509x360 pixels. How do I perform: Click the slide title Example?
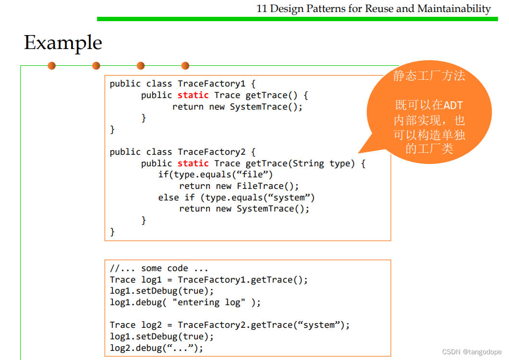(63, 43)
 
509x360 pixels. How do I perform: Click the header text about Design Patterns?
(374, 8)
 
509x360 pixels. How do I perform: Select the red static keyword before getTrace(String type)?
(193, 163)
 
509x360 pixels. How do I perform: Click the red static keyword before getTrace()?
(193, 95)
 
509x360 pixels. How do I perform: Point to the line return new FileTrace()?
(239, 186)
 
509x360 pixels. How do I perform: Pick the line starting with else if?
(236, 198)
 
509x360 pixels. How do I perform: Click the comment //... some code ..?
(159, 268)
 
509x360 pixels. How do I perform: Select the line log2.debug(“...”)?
(157, 348)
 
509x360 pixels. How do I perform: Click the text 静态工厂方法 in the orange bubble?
(429, 76)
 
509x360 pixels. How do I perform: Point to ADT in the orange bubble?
(453, 105)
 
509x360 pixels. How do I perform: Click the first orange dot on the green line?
(51, 65)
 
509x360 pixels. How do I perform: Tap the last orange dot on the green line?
(185, 65)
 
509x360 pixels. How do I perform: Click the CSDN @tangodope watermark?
(472, 352)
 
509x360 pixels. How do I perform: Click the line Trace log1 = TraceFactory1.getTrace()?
(208, 280)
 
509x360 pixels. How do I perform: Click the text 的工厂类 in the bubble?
(429, 149)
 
